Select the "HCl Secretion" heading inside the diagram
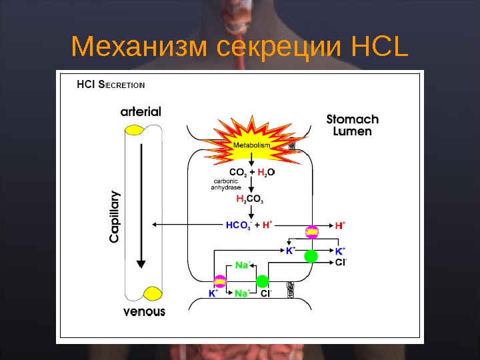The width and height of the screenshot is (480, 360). (x=111, y=85)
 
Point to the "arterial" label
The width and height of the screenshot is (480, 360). (x=141, y=111)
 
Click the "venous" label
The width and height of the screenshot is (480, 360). (x=145, y=311)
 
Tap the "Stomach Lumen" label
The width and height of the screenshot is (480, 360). (x=352, y=125)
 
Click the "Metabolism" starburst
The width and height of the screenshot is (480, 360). (x=251, y=145)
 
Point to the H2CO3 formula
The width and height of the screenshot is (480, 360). (x=251, y=199)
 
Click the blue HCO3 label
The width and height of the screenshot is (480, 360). (x=238, y=225)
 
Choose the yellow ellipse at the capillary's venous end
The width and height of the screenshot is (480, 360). (x=153, y=293)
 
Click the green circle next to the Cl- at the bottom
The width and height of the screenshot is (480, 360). (x=262, y=281)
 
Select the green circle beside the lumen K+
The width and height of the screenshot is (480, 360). (x=311, y=256)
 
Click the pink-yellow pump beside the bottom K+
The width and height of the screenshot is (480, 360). (x=219, y=281)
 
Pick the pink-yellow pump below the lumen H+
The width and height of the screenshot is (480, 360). (x=311, y=232)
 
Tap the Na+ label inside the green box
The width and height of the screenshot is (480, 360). (x=243, y=265)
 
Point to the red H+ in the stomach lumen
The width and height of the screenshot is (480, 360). (x=340, y=226)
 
